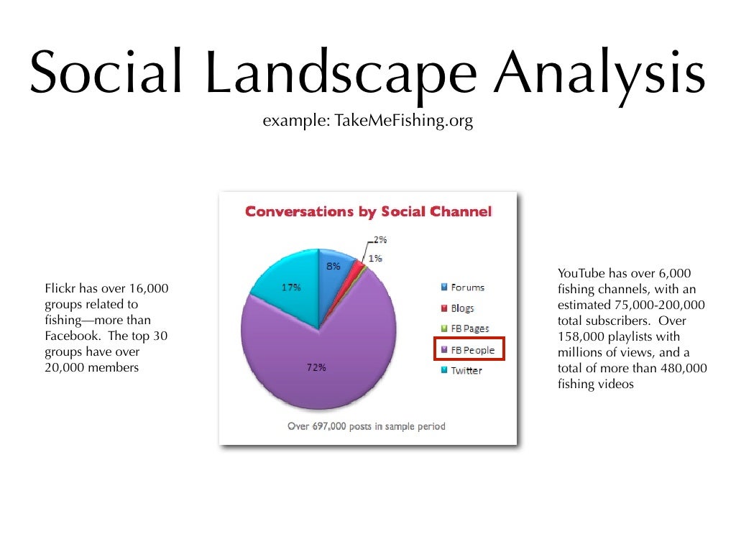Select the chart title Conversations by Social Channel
pos(368,212)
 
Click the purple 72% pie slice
pos(316,367)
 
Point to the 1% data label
pos(375,257)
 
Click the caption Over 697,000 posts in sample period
pos(367,426)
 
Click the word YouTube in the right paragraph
pos(581,273)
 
